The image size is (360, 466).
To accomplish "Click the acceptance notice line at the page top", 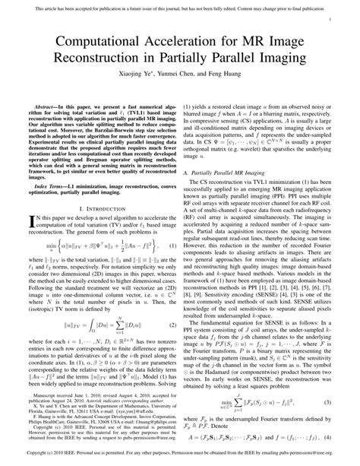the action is pyautogui.click(x=179, y=6).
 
